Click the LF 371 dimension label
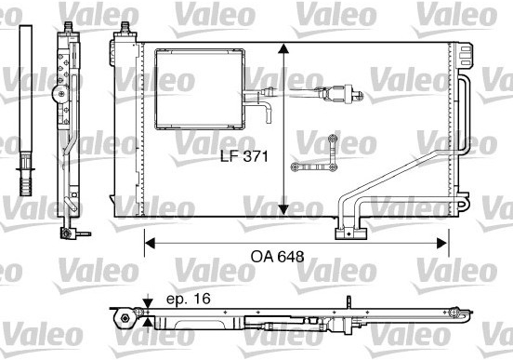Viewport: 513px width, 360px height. point(244,156)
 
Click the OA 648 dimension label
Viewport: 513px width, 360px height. point(278,257)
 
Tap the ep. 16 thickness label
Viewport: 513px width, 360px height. point(189,299)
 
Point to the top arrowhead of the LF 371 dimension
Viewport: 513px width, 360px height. point(283,48)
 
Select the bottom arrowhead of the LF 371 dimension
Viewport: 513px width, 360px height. point(283,209)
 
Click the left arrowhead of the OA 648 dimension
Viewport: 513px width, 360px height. point(150,244)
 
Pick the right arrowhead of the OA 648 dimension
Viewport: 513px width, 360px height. point(442,244)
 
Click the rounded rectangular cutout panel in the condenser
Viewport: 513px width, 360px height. point(200,89)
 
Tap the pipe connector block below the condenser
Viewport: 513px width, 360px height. point(350,233)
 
